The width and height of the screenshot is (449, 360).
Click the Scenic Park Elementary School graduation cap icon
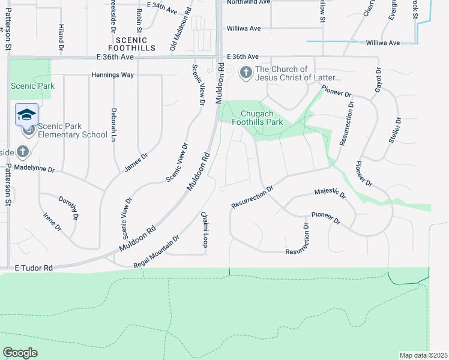(27, 115)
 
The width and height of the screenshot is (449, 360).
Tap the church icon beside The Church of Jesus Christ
(246, 73)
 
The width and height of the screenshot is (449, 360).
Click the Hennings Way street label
(112, 75)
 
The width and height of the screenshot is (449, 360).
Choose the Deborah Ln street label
(113, 124)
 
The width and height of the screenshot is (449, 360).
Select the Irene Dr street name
(52, 221)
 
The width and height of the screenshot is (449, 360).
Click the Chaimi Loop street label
(204, 229)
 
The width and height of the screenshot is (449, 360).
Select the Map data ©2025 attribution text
(423, 355)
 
